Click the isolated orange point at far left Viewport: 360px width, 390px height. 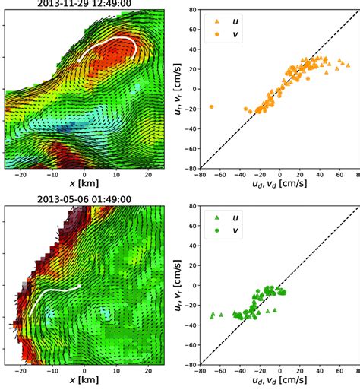(211, 107)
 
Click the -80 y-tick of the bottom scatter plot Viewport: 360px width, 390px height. (189, 364)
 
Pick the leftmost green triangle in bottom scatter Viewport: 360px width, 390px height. (212, 314)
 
